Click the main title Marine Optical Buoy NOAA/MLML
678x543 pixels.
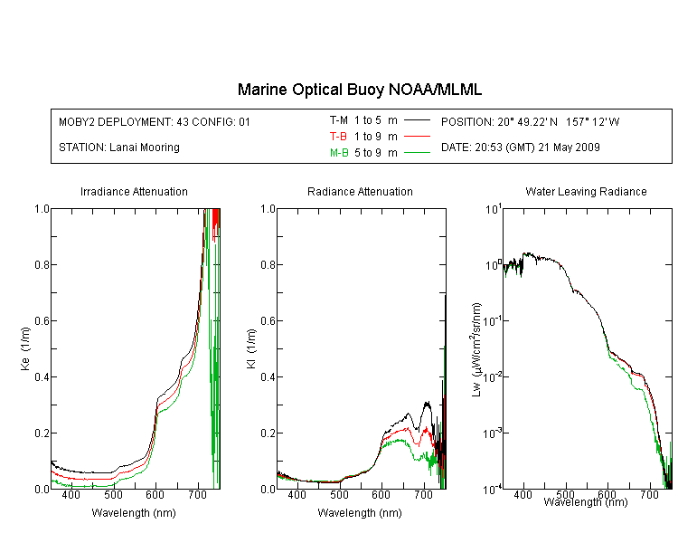pyautogui.click(x=359, y=90)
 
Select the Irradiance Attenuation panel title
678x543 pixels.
pyautogui.click(x=134, y=192)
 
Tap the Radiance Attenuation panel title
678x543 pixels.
pyautogui.click(x=360, y=192)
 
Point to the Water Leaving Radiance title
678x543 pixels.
pyautogui.click(x=586, y=192)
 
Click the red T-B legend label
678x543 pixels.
pyautogui.click(x=338, y=137)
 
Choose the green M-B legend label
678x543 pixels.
pyautogui.click(x=339, y=153)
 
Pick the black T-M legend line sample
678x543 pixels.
pyautogui.click(x=417, y=120)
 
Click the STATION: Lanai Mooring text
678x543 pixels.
pyautogui.click(x=119, y=148)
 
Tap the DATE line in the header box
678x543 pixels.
pyautogui.click(x=520, y=148)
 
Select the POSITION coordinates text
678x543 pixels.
pyautogui.click(x=530, y=121)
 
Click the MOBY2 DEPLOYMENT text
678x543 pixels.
pyautogui.click(x=155, y=121)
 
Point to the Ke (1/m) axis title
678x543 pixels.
pyautogui.click(x=25, y=348)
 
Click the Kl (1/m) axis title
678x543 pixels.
pyautogui.click(x=250, y=348)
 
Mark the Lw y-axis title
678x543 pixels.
pyautogui.click(x=476, y=349)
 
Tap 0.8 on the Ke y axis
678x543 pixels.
pyautogui.click(x=42, y=264)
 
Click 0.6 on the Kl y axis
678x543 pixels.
pyautogui.click(x=268, y=321)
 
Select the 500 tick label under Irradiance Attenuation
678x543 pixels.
pyautogui.click(x=113, y=494)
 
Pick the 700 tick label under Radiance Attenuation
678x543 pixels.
pyautogui.click(x=424, y=494)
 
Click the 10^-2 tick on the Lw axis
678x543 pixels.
pyautogui.click(x=492, y=376)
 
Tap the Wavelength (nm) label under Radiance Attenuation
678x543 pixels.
pyautogui.click(x=360, y=513)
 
